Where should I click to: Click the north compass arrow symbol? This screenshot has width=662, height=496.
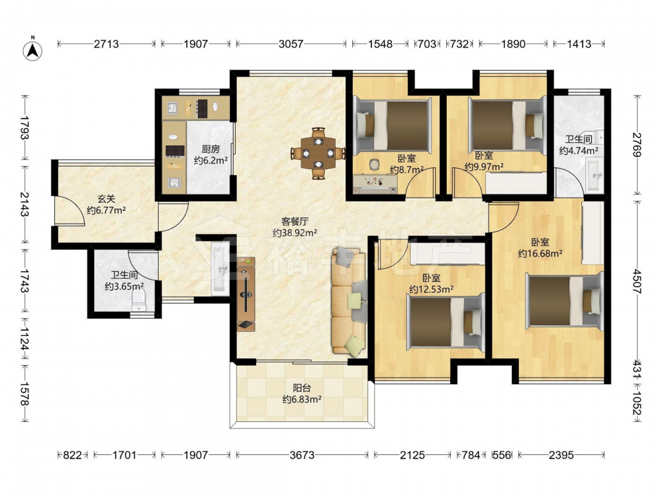click(32, 50)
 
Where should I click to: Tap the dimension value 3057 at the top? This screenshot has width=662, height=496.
click(291, 44)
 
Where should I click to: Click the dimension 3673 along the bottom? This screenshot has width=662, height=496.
click(302, 455)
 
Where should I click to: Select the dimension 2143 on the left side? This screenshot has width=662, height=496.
click(24, 204)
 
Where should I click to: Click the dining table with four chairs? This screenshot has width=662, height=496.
click(318, 153)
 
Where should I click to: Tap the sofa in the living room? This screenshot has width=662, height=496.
click(349, 300)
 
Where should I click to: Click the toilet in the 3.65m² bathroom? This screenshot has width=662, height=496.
click(138, 301)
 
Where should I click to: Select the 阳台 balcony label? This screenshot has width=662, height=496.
click(302, 387)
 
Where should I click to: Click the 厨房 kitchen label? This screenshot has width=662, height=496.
click(211, 149)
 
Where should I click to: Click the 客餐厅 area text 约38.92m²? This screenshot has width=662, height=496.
click(295, 232)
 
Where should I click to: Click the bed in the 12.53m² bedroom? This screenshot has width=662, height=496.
click(446, 322)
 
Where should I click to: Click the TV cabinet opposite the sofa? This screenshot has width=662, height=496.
click(246, 294)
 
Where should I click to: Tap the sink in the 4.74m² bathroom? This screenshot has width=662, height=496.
click(595, 174)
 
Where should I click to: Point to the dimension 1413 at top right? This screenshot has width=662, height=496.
click(579, 44)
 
